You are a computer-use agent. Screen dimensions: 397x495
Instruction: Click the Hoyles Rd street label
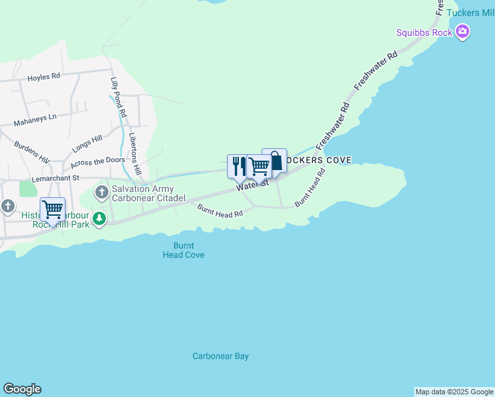click(44, 77)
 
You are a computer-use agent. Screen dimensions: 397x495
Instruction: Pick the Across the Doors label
click(97, 161)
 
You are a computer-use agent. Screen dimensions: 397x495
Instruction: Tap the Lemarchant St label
click(56, 178)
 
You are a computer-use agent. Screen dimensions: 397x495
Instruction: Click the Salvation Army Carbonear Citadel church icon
click(101, 193)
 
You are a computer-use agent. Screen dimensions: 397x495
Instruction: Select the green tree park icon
click(99, 218)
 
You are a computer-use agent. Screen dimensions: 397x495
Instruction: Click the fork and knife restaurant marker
click(237, 165)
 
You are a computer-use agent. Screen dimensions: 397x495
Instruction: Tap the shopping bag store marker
click(275, 160)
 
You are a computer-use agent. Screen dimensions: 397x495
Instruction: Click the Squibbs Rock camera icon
click(463, 32)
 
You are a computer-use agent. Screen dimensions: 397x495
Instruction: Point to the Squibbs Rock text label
click(424, 32)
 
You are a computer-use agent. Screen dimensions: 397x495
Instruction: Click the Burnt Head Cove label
click(183, 250)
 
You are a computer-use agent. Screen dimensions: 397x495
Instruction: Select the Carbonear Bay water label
click(220, 356)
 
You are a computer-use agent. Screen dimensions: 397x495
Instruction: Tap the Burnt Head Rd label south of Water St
click(220, 211)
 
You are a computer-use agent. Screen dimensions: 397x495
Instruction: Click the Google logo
click(22, 389)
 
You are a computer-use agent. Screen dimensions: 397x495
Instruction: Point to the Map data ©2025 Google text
click(455, 392)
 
